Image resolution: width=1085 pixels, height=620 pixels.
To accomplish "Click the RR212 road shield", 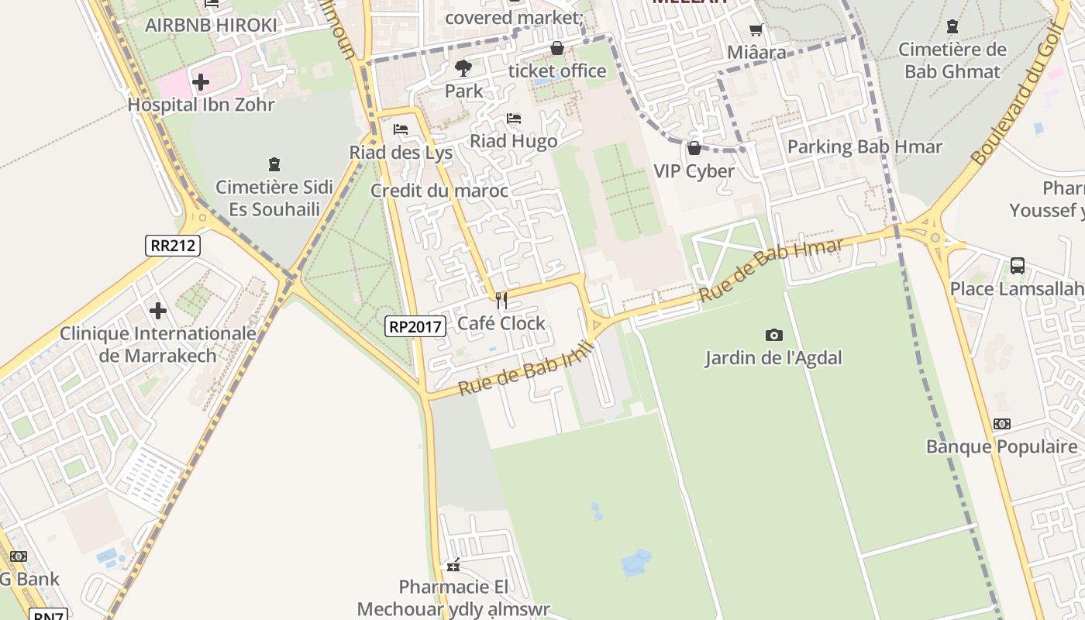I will [x=173, y=246].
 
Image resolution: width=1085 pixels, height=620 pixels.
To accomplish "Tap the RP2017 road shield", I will [x=415, y=326].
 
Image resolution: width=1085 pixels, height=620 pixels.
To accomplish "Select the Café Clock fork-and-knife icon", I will [x=501, y=300].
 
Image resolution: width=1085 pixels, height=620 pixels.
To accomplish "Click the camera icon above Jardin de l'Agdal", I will [x=773, y=335].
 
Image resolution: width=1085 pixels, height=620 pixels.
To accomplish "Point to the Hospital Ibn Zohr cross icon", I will [x=201, y=81].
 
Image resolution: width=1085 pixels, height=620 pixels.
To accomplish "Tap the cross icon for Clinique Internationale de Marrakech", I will [x=158, y=311].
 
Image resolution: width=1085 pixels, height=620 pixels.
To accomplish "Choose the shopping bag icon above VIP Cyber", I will [x=694, y=147].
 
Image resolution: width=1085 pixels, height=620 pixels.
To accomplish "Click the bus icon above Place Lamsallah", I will [x=1018, y=266].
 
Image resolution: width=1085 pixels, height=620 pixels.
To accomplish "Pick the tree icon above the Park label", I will [x=463, y=68].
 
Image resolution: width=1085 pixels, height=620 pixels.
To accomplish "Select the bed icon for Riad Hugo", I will [x=513, y=119].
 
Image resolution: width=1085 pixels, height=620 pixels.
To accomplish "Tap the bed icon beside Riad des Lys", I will [x=401, y=129].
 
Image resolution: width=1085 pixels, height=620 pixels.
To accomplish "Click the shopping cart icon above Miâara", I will [x=756, y=30].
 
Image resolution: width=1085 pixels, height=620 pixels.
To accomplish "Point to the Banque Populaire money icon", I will [x=1002, y=424].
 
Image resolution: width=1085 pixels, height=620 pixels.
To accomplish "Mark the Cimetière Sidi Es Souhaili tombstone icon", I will [x=274, y=164].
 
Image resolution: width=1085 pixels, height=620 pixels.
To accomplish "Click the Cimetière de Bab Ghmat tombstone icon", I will [x=952, y=27].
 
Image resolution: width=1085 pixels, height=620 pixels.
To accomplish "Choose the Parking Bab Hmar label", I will [x=864, y=146].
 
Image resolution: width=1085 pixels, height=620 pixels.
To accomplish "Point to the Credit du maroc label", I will [x=439, y=191].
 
